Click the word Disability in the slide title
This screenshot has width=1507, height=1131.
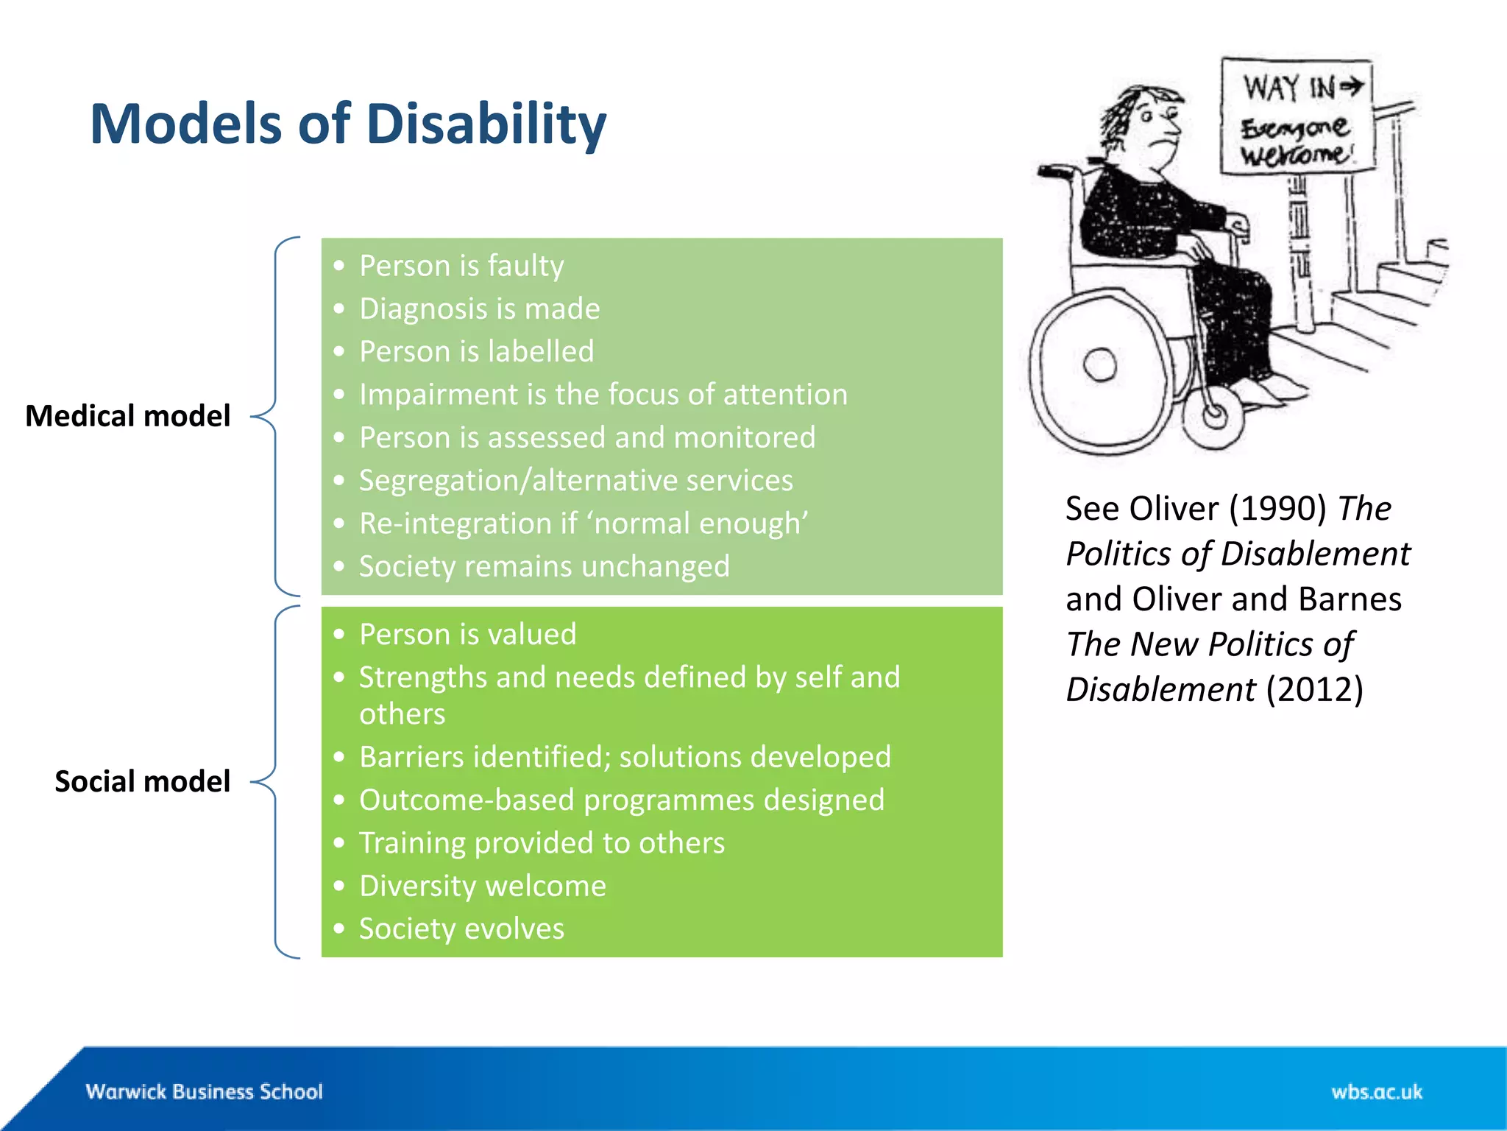pyautogui.click(x=486, y=124)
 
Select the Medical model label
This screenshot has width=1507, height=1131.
pyautogui.click(x=127, y=416)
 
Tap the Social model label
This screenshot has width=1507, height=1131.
pyautogui.click(x=142, y=781)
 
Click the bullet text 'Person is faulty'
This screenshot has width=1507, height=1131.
pyautogui.click(x=461, y=266)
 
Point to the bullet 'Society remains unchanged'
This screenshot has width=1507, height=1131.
pyautogui.click(x=544, y=566)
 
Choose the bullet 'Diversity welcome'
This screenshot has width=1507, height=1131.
pyautogui.click(x=482, y=886)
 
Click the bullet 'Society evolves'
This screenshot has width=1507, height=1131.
pyautogui.click(x=461, y=929)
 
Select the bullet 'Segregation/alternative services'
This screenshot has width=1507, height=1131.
pyautogui.click(x=575, y=480)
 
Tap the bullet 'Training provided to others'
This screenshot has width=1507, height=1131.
pyautogui.click(x=542, y=843)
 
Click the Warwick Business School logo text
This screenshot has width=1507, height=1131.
pyautogui.click(x=204, y=1091)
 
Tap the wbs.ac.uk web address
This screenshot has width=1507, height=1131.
pyautogui.click(x=1376, y=1091)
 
